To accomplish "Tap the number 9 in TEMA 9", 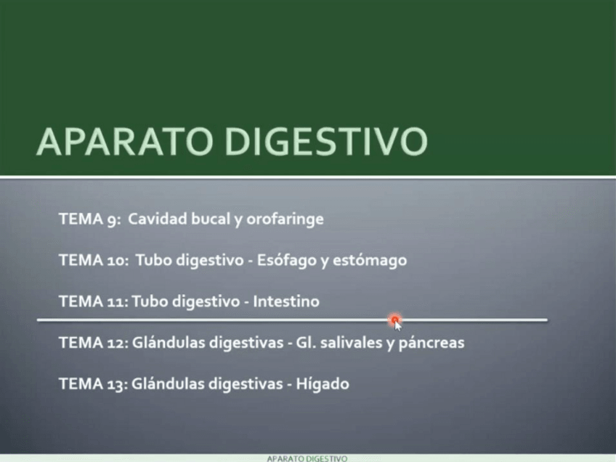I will [112, 219].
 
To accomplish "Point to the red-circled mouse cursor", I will [394, 320].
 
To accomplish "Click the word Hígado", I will [323, 384].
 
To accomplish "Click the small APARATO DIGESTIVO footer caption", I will [307, 458].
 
